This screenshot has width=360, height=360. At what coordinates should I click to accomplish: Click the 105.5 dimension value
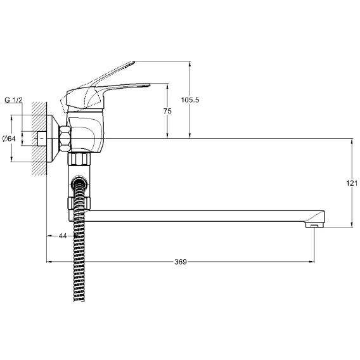(x=190, y=100)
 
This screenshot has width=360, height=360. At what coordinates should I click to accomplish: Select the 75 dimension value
(x=167, y=111)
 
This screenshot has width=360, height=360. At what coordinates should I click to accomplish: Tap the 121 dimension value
(x=352, y=183)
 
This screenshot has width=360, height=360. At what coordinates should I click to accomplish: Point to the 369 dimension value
(x=181, y=262)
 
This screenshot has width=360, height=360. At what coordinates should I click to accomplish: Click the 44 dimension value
(x=63, y=236)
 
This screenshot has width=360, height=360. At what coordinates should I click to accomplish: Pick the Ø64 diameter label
(x=9, y=139)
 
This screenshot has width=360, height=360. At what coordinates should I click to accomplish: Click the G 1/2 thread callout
(x=13, y=100)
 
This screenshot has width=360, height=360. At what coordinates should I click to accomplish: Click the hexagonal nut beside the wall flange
(x=65, y=138)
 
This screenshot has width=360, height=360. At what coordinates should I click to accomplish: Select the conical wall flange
(x=53, y=138)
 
